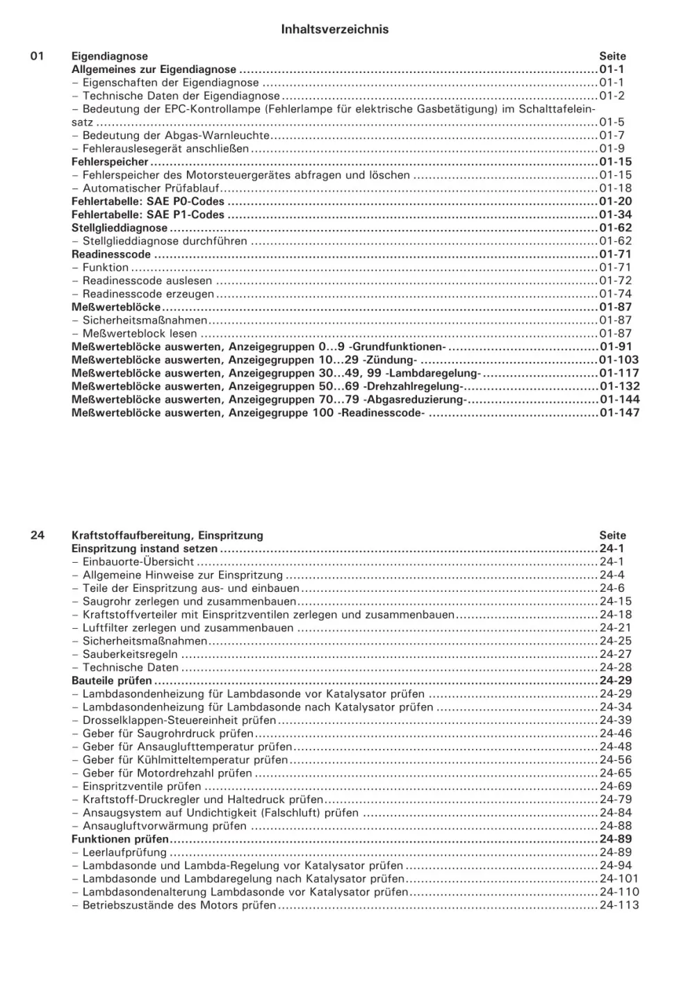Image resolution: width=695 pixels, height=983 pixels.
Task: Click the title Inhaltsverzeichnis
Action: (334, 29)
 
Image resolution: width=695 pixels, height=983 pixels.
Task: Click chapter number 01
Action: (38, 56)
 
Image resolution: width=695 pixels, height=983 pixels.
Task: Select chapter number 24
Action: (38, 535)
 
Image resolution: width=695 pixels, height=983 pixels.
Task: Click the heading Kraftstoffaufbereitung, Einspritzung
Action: (167, 536)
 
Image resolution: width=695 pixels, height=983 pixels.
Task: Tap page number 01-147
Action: (619, 413)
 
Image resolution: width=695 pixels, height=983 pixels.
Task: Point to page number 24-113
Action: (619, 905)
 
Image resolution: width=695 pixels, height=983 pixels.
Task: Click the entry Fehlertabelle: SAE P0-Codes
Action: (147, 201)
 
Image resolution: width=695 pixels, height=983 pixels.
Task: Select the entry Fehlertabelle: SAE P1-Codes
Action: (147, 215)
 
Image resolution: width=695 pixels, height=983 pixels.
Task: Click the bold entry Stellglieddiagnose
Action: (120, 228)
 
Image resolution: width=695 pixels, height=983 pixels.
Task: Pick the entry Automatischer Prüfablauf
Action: (151, 188)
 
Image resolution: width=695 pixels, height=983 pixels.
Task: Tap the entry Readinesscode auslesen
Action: (147, 281)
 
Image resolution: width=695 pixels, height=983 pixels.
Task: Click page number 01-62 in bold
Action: (615, 228)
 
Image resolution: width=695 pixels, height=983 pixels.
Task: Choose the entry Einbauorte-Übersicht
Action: (138, 561)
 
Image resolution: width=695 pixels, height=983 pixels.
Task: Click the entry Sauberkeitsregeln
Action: (129, 654)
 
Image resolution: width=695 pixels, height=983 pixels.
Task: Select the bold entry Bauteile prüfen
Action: (111, 681)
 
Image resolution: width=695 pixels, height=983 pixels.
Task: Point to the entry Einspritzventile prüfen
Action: (141, 786)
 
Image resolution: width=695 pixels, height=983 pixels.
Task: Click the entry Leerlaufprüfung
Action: (124, 852)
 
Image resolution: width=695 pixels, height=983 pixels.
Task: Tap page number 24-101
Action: (619, 879)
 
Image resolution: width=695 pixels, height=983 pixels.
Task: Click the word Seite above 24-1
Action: (612, 536)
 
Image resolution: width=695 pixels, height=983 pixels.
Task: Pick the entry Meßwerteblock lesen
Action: (139, 333)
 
